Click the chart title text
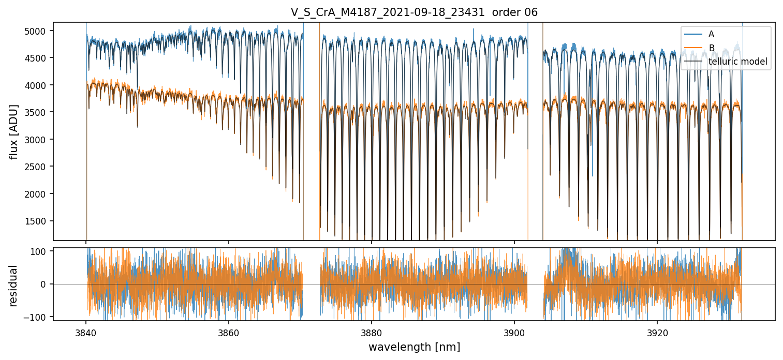coord(414,12)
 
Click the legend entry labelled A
coord(711,34)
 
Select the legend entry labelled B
coord(711,48)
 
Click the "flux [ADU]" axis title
coord(14,131)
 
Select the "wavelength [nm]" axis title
coord(414,347)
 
